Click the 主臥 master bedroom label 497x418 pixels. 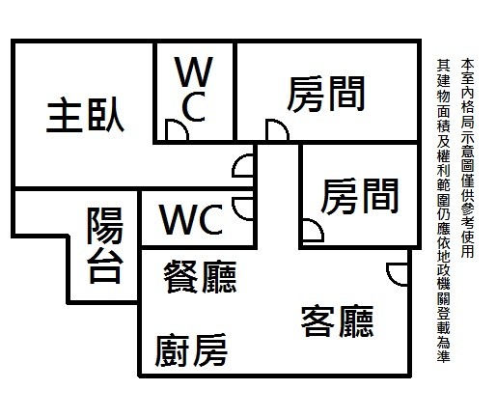(x=85, y=115)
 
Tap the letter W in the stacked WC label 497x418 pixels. (x=194, y=71)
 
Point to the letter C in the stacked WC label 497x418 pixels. (x=194, y=106)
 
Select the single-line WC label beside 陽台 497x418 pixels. (x=192, y=219)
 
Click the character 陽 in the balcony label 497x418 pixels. (x=105, y=226)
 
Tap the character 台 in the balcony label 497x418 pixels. (x=105, y=265)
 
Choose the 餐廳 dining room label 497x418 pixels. (x=200, y=277)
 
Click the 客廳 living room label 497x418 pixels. (x=337, y=321)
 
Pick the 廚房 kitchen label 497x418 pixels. (x=191, y=350)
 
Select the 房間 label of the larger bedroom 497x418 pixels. (x=326, y=94)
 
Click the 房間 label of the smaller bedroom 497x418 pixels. (x=360, y=196)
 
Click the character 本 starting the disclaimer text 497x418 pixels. (x=467, y=64)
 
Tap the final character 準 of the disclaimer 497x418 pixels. (x=443, y=355)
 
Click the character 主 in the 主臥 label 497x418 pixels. (x=65, y=116)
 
